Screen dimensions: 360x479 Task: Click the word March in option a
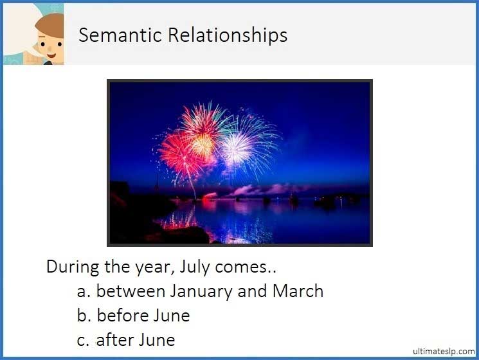pyautogui.click(x=298, y=291)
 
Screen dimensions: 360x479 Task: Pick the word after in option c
pyautogui.click(x=114, y=339)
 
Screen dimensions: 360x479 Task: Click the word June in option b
pyautogui.click(x=171, y=316)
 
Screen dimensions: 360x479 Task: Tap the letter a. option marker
pyautogui.click(x=84, y=291)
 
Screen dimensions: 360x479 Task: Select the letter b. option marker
pyautogui.click(x=84, y=316)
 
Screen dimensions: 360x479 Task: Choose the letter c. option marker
pyautogui.click(x=84, y=339)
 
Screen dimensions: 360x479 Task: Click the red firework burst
pyautogui.click(x=177, y=155)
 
